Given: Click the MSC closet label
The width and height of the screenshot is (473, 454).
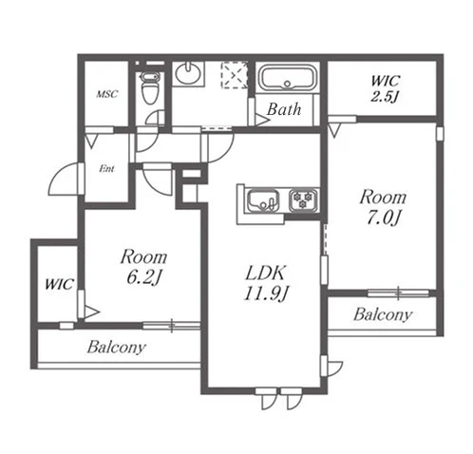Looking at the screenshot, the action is tap(107, 94).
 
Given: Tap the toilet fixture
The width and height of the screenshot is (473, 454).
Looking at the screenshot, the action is tap(149, 87).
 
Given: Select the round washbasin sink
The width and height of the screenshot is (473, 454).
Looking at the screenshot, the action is tap(188, 73).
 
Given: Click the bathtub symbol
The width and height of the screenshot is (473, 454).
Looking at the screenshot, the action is tap(287, 78).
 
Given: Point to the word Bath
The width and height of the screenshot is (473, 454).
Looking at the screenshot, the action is tap(284, 109).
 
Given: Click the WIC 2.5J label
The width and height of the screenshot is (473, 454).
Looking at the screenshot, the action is tap(385, 88).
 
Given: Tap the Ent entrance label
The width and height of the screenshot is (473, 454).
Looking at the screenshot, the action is tap(106, 169).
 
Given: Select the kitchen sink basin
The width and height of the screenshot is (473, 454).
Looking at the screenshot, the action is tap(263, 200).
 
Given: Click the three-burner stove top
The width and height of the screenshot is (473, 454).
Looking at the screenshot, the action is tap(303, 199).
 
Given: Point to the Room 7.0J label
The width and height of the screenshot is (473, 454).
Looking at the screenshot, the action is tap(383, 207).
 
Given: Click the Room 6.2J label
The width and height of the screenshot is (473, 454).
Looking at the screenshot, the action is tap(143, 267).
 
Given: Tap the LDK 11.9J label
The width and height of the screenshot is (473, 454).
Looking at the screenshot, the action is tap(265, 283).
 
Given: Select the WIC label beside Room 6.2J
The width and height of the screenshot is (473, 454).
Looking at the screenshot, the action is tap(59, 284).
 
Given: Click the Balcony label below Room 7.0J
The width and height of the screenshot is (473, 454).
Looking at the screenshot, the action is tap(383, 314).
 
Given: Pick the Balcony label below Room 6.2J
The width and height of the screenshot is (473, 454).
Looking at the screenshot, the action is tap(117, 347).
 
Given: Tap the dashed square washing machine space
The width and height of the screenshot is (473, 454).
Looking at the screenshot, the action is tap(234, 75).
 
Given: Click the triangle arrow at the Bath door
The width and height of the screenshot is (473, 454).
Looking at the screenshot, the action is tap(262, 121).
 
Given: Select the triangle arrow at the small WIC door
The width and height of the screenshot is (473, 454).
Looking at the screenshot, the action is tap(92, 312).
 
